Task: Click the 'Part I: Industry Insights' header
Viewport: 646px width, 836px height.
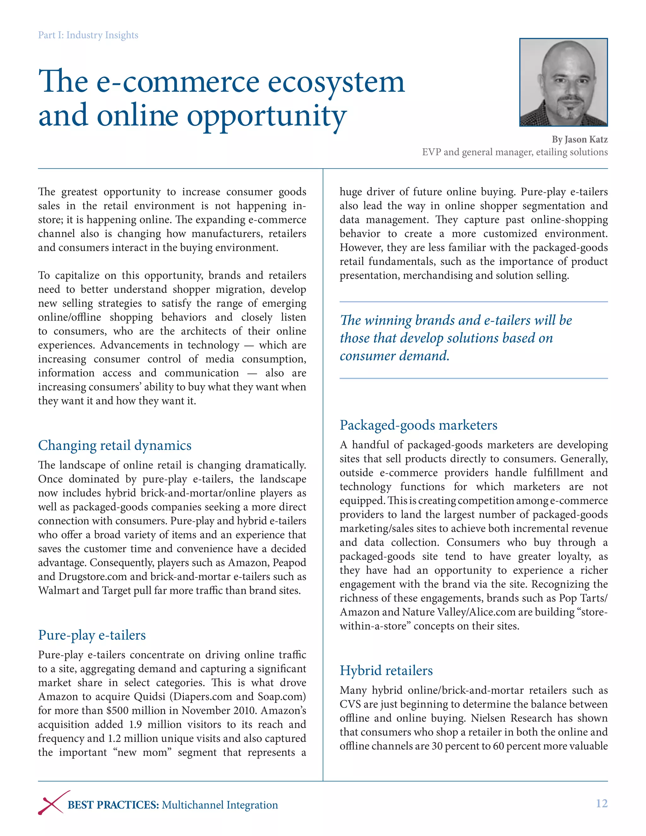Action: pos(88,35)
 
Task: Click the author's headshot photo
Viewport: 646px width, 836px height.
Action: pos(563,82)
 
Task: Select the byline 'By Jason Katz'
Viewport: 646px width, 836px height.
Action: pos(579,139)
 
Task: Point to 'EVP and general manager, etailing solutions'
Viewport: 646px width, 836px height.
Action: pos(514,152)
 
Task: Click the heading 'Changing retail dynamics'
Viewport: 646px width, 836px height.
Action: pos(115,445)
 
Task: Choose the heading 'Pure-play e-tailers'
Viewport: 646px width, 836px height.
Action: pos(92,635)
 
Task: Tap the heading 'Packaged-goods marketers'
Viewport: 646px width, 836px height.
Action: pos(418,425)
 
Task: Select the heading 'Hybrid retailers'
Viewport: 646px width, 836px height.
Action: pos(386,671)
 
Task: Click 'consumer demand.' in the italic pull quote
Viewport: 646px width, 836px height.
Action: pos(394,356)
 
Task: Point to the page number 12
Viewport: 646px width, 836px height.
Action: pos(601,804)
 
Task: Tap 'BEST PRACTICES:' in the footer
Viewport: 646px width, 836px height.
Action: pos(113,805)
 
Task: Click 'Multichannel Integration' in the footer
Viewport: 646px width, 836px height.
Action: pos(220,805)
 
